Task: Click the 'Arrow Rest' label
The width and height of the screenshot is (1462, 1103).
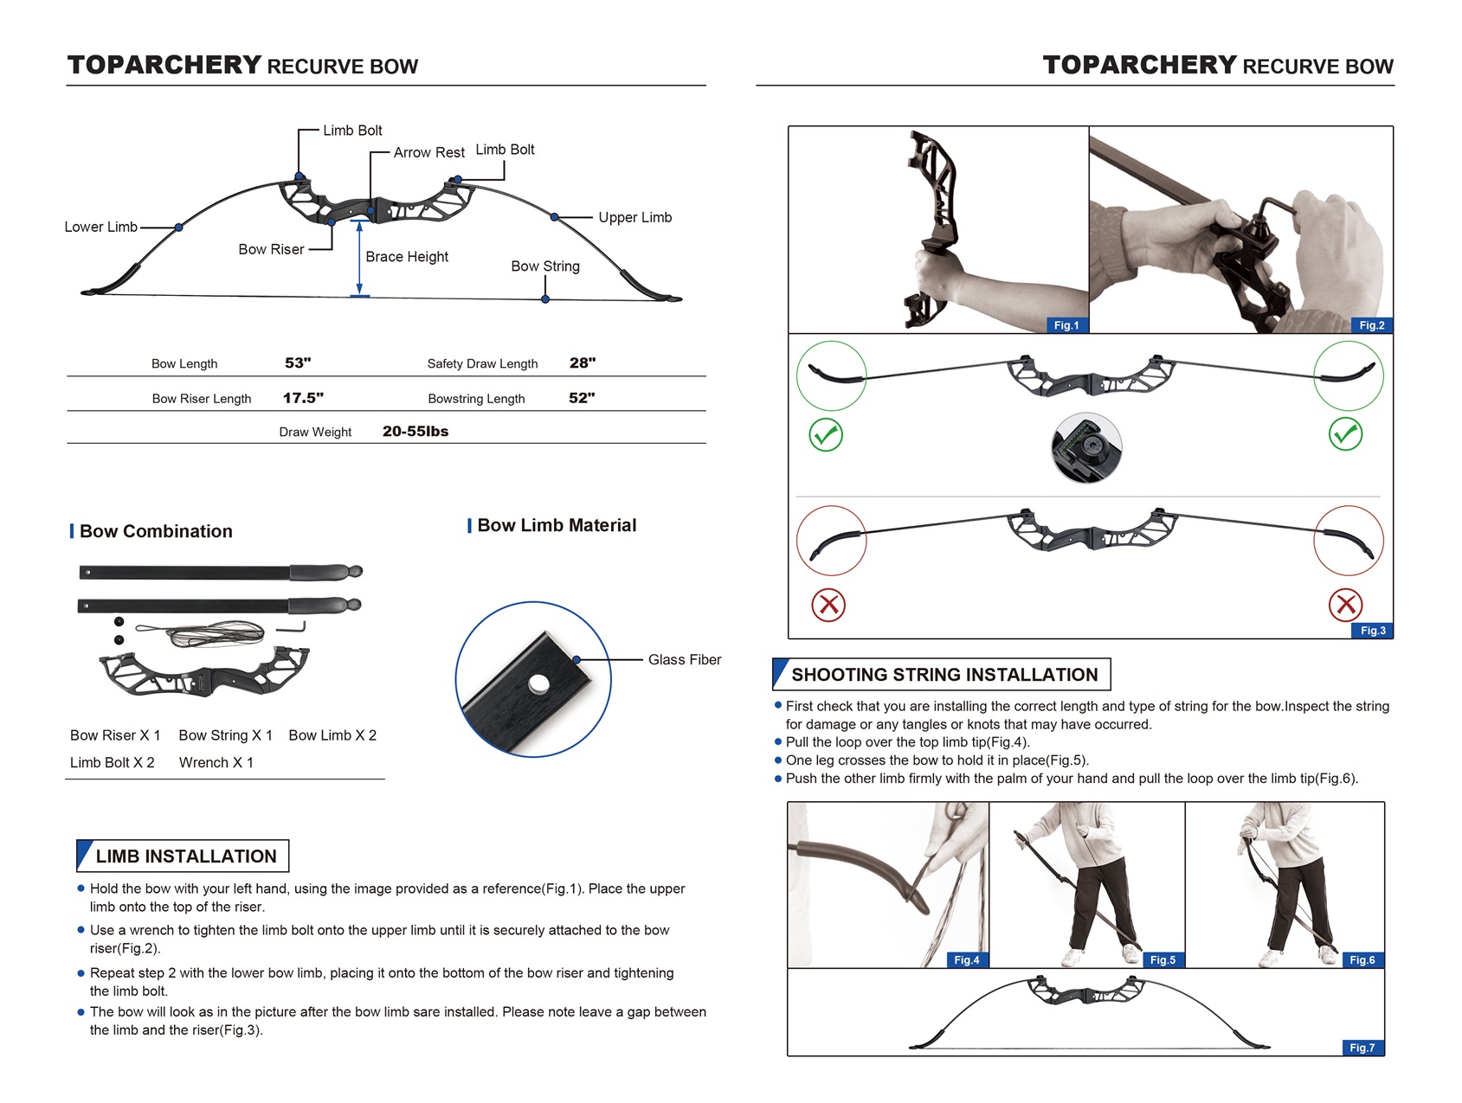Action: pos(428,153)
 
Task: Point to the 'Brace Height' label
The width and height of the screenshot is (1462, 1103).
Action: pos(407,257)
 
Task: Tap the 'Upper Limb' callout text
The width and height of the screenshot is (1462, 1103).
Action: pos(634,218)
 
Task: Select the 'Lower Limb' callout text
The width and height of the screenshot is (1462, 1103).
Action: pos(100,228)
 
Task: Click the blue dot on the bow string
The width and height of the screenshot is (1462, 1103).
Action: pos(545,299)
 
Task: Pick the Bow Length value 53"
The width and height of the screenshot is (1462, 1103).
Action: pos(298,363)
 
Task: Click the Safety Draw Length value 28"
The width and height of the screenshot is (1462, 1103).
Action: pos(583,363)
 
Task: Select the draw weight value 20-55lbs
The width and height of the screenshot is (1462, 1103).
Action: pos(415,432)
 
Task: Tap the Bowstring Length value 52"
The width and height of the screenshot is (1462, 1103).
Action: pos(582,398)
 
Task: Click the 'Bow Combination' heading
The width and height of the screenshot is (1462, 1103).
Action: pos(156,531)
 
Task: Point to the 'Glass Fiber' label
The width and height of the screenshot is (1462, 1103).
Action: pos(684,660)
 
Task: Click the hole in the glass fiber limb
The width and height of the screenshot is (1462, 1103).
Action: pos(538,685)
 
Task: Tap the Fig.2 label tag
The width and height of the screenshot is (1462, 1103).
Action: pos(1371,325)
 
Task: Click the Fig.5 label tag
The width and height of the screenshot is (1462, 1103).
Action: pos(1163,960)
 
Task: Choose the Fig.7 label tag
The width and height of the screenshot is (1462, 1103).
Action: pos(1362,1048)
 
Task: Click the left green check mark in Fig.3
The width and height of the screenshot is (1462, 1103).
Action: pos(826,434)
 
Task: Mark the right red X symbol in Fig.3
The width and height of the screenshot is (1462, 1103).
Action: pos(1345,605)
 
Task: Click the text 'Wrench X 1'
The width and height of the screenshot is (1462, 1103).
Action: pos(216,763)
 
